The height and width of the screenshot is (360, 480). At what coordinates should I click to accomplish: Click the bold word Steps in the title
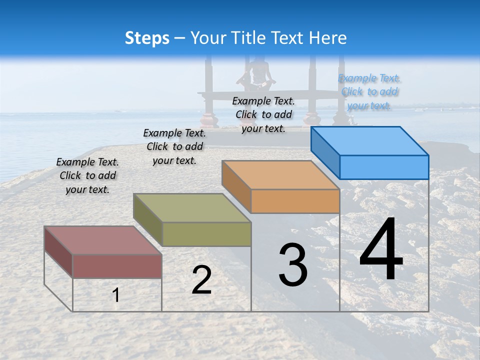(147, 38)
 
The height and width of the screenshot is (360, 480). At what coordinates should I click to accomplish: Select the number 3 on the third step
(292, 265)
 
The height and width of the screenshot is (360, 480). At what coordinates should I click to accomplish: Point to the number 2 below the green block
(201, 280)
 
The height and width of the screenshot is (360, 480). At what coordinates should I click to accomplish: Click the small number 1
(115, 295)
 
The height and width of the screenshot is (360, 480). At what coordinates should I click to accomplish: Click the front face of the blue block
(384, 167)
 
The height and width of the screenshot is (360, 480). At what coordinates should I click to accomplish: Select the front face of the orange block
(295, 201)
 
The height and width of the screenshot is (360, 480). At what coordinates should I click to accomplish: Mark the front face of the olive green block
(206, 234)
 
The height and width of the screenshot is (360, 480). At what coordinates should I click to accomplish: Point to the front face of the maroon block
(117, 266)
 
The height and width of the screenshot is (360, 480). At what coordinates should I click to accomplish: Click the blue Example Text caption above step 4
(369, 92)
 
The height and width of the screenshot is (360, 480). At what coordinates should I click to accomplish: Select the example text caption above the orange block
(263, 114)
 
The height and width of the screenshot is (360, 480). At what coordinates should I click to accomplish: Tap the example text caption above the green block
(174, 146)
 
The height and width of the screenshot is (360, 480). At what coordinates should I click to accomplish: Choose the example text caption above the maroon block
(87, 175)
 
